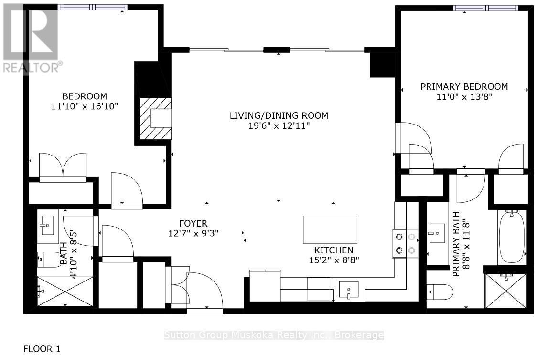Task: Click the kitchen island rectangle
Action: coord(330,229)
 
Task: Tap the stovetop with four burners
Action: coord(405,243)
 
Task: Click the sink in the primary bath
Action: coord(437,233)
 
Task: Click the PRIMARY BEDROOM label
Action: coord(463,86)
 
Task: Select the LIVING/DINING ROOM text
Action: coord(279,115)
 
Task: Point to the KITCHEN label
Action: coord(333,250)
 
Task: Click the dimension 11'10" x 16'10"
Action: coord(85,106)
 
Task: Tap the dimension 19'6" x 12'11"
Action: coord(279,126)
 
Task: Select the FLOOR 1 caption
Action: coord(42,349)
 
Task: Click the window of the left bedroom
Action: coord(93,7)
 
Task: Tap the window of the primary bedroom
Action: coord(485,8)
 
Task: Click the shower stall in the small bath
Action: coord(65,291)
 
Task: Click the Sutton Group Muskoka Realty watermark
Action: coord(273,335)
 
